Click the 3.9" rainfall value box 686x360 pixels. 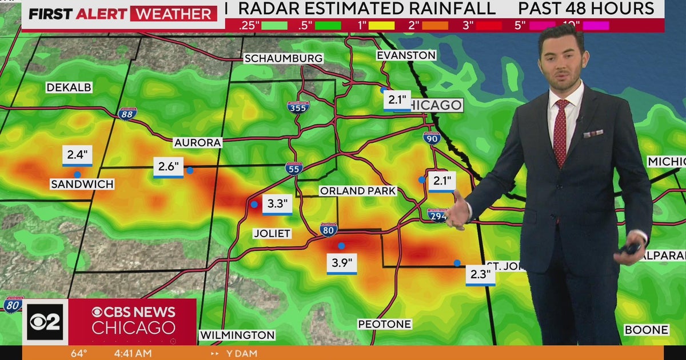(x=342, y=263)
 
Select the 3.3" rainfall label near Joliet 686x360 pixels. (x=277, y=204)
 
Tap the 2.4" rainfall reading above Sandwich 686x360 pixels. (x=77, y=155)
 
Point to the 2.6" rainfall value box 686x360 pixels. (x=168, y=167)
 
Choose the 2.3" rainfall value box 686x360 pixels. (x=480, y=274)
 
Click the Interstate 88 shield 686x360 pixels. (x=127, y=113)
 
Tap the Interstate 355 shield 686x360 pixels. (x=298, y=107)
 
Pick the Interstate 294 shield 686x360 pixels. (x=437, y=215)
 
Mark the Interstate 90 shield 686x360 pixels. (x=432, y=137)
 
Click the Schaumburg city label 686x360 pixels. (x=284, y=58)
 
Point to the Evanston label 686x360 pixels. (x=406, y=55)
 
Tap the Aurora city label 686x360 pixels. (x=198, y=142)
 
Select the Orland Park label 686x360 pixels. (x=358, y=191)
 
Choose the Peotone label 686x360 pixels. (x=384, y=324)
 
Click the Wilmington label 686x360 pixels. (x=237, y=335)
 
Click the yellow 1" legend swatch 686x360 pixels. (x=382, y=25)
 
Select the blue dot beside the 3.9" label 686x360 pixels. (x=341, y=246)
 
